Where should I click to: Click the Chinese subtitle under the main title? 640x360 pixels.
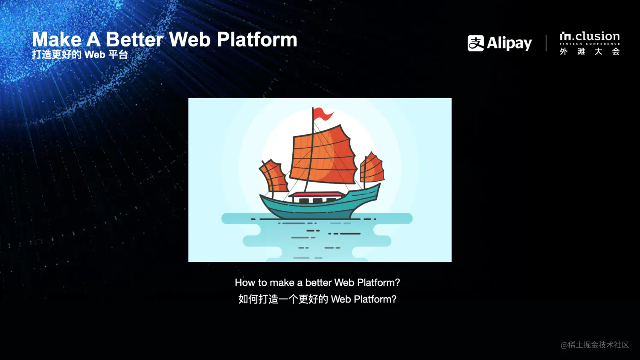pyautogui.click(x=80, y=54)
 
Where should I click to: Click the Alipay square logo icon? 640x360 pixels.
pyautogui.click(x=476, y=43)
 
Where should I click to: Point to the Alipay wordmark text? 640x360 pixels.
pyautogui.click(x=509, y=44)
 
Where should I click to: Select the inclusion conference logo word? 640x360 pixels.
pyautogui.click(x=590, y=36)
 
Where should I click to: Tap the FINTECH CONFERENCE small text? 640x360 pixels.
pyautogui.click(x=590, y=44)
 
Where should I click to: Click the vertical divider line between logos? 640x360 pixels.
pyautogui.click(x=546, y=43)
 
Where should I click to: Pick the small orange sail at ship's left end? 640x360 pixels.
pyautogui.click(x=273, y=176)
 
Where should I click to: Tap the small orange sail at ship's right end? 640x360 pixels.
pyautogui.click(x=372, y=168)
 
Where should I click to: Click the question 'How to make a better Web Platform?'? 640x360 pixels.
pyautogui.click(x=317, y=282)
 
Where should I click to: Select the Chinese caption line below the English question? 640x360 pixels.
pyautogui.click(x=317, y=299)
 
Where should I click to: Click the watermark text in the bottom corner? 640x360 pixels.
pyautogui.click(x=595, y=345)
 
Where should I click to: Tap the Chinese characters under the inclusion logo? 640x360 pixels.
pyautogui.click(x=590, y=52)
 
